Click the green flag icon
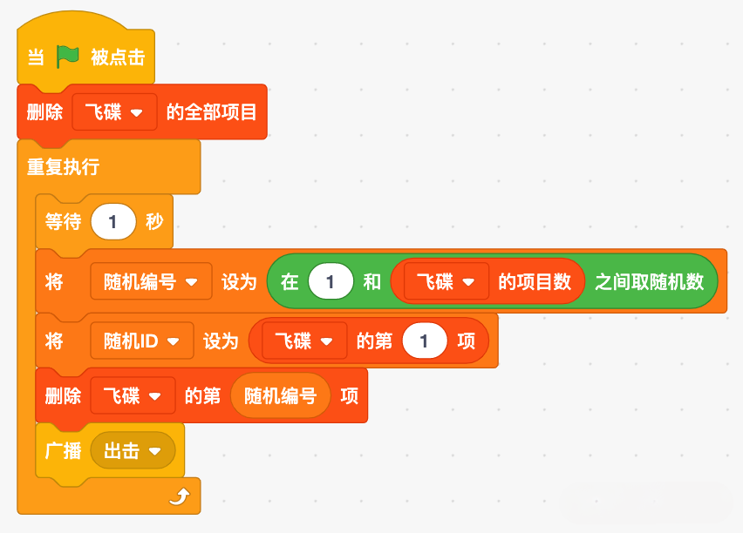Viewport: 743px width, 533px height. coord(67,57)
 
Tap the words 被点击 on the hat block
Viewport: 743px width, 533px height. coord(118,57)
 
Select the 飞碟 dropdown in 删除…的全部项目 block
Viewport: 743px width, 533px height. coord(114,112)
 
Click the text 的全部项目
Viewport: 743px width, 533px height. coord(211,112)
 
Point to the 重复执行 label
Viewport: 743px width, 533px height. coord(64,166)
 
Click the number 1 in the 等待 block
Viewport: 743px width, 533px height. coord(113,221)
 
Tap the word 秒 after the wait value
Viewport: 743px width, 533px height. coord(154,221)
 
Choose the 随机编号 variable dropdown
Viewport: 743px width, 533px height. coord(151,281)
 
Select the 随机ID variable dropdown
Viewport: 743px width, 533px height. coord(141,341)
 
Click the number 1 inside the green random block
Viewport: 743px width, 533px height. coord(331,282)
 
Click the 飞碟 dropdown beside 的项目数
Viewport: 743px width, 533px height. coord(446,282)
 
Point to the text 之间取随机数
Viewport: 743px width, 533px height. coord(650,282)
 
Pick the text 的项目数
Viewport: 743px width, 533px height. coord(535,282)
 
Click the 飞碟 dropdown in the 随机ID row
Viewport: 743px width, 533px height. coord(304,341)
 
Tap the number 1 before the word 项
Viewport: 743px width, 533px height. coord(424,341)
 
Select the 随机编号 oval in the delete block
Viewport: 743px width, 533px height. coord(280,395)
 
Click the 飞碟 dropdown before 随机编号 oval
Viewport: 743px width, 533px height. coord(133,395)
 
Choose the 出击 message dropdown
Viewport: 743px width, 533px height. coord(133,450)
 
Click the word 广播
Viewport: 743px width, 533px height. coord(63,450)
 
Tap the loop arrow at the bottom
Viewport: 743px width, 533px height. coord(180,496)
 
